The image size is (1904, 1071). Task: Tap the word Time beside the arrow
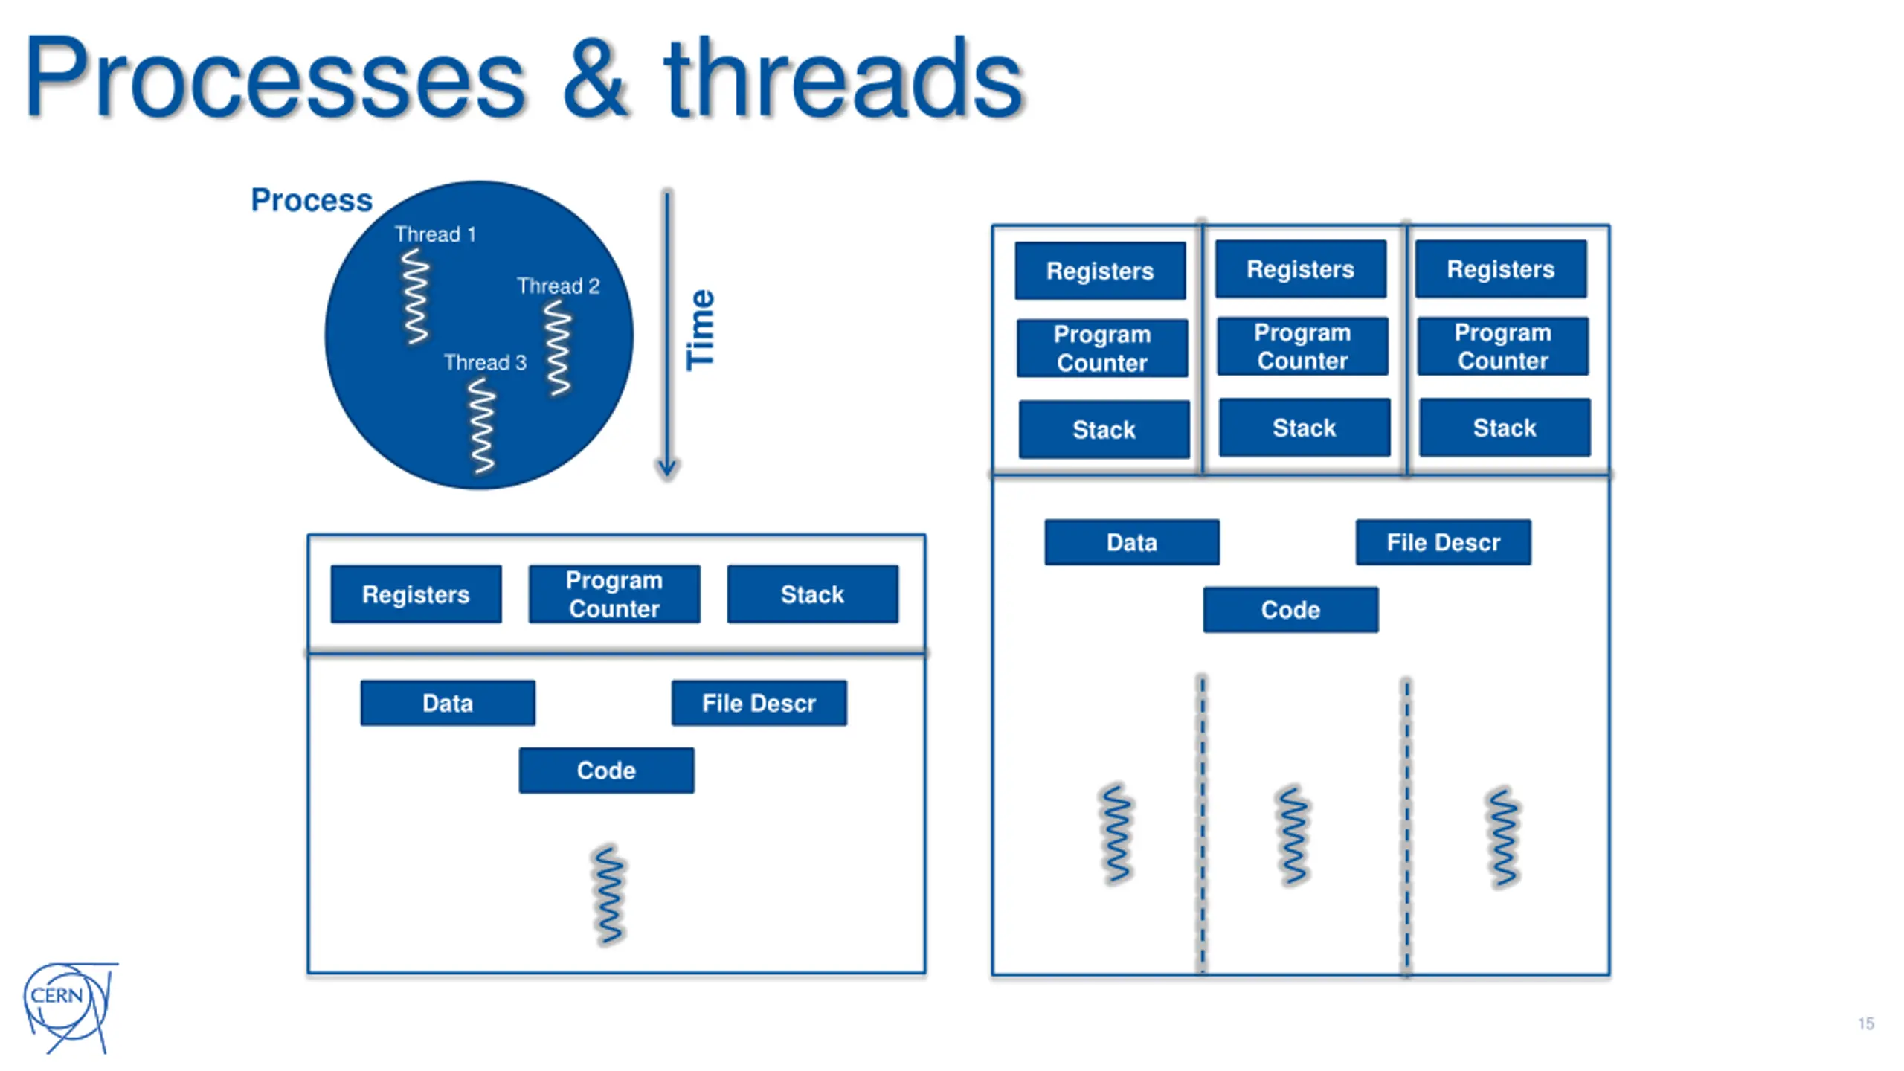701,329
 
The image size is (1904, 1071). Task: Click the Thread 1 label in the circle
435,234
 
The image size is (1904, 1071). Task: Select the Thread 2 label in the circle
558,286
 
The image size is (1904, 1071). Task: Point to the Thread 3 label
485,362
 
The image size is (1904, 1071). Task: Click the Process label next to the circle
312,200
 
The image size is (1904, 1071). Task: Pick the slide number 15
1866,1023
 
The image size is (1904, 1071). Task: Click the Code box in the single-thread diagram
607,771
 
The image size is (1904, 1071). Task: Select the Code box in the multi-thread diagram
1290,610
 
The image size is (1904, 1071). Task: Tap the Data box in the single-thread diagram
448,703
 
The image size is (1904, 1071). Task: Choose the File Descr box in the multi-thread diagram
1444,542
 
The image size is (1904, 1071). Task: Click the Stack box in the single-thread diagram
813,594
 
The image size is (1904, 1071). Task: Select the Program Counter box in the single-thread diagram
614,594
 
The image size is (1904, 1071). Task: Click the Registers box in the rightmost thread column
1501,269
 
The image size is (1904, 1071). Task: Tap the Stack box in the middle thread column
1305,428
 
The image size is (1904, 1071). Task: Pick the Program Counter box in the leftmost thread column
1102,348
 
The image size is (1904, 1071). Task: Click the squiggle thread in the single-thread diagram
609,895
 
